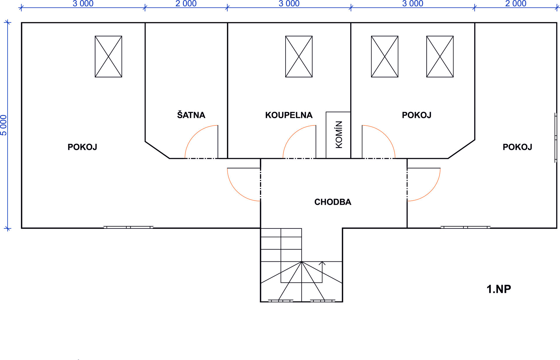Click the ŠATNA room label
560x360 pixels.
click(191, 115)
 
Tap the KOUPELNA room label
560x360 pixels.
click(289, 115)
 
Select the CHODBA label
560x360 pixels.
click(333, 202)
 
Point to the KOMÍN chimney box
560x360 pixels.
click(338, 135)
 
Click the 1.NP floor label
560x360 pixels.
click(499, 289)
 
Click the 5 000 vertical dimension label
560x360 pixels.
click(3, 125)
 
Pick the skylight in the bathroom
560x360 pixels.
click(299, 57)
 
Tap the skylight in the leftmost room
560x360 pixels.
click(108, 57)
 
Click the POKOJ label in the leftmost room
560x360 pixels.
click(82, 147)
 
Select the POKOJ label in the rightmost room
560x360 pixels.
click(517, 147)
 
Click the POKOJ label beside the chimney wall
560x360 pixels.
click(416, 115)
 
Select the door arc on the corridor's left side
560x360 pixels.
click(237, 191)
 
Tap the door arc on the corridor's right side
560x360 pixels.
click(430, 191)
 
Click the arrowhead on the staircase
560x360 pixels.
click(322, 263)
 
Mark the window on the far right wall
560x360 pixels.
click(556, 138)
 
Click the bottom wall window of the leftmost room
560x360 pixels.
click(128, 227)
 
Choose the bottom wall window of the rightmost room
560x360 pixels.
click(466, 227)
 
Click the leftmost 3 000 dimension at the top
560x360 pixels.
click(83, 4)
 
